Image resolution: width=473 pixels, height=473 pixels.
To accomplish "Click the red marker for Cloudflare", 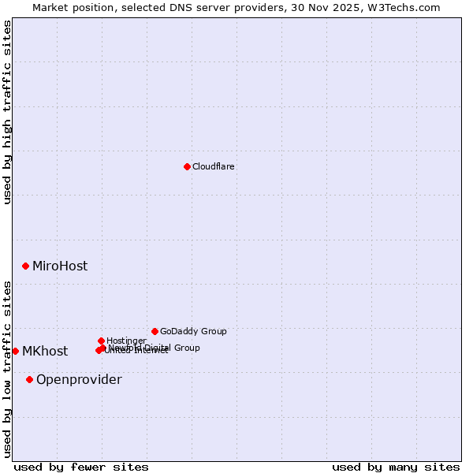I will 187,166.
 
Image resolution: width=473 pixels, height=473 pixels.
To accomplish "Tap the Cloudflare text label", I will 214,166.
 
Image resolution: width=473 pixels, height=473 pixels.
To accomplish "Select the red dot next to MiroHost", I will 25,266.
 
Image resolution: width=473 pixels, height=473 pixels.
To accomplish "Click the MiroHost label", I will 60,266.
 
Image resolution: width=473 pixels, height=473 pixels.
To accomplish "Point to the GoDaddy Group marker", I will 155,331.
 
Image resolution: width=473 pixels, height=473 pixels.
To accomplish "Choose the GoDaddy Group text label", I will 193,331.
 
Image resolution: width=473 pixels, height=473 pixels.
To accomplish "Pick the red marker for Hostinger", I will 101,341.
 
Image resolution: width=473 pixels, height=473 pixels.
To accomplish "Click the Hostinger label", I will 126,341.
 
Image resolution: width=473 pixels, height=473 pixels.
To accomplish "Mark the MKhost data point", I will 15,351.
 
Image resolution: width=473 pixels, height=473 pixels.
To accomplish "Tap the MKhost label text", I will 45,352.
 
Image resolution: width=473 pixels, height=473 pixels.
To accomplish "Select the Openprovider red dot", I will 29,379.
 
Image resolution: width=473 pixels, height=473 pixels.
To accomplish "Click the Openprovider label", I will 79,380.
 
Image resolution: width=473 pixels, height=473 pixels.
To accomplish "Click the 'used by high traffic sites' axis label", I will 7,112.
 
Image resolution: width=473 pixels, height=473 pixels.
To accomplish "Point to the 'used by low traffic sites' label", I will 7,369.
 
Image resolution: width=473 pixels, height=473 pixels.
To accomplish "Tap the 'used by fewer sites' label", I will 81,467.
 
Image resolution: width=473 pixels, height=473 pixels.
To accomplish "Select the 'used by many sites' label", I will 396,467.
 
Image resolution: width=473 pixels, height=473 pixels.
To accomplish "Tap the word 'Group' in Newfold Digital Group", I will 187,348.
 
